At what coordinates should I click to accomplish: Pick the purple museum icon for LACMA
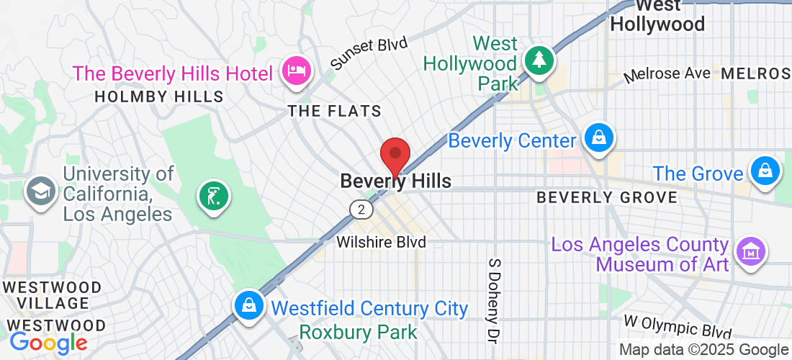(x=752, y=253)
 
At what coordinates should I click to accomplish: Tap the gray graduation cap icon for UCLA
(x=40, y=191)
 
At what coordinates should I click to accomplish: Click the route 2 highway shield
(x=361, y=210)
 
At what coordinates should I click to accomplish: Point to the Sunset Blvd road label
(x=369, y=53)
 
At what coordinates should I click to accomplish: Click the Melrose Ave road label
(x=667, y=74)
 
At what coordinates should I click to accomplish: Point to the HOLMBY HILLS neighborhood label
(x=159, y=96)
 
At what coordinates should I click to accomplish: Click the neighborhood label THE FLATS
(x=334, y=112)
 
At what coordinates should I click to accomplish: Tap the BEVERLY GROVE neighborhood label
(x=607, y=197)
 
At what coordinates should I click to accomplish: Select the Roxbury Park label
(x=358, y=333)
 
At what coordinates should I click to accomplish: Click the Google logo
(x=48, y=342)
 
